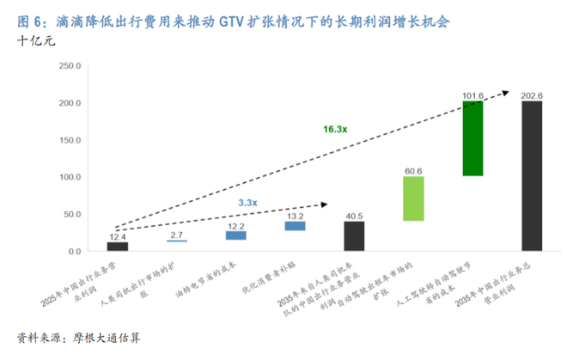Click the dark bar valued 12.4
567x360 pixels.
click(x=117, y=247)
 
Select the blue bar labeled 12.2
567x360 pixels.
click(x=235, y=235)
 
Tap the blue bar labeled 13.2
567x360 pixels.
click(x=295, y=226)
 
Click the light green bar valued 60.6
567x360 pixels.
click(x=413, y=198)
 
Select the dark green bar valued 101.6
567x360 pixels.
click(x=472, y=138)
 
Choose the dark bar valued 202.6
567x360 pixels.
click(x=532, y=176)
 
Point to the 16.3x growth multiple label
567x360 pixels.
click(x=335, y=129)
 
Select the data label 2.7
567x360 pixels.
click(x=176, y=235)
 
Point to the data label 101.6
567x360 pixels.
click(x=472, y=95)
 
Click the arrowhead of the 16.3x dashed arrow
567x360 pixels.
click(x=509, y=90)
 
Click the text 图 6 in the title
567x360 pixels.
click(x=27, y=18)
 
